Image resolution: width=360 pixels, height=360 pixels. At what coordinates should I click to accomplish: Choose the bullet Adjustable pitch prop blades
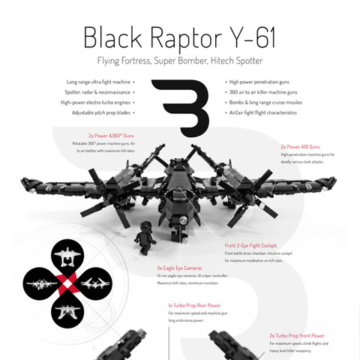pyautogui.click(x=100, y=112)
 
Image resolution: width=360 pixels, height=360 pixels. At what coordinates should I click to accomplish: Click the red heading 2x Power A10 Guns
pyautogui.click(x=300, y=147)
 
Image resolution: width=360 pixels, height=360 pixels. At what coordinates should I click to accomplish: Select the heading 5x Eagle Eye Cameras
pyautogui.click(x=179, y=267)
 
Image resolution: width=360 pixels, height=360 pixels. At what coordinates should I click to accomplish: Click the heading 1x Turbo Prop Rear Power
pyautogui.click(x=193, y=306)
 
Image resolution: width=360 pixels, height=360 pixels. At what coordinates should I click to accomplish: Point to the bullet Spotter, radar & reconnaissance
pyautogui.click(x=100, y=91)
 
